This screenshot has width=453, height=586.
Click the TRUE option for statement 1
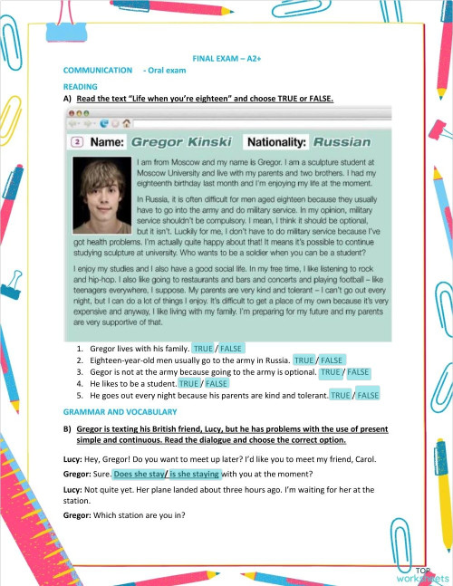tap(202, 348)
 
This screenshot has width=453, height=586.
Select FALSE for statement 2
tap(333, 360)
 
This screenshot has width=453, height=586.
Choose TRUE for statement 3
tap(331, 371)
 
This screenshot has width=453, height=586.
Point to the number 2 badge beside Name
tap(77, 142)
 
